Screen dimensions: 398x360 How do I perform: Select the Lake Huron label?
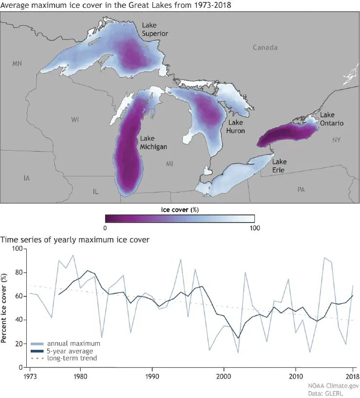click(236, 126)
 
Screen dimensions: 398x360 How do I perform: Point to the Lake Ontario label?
click(331, 119)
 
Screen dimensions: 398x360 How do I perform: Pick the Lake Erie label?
click(279, 166)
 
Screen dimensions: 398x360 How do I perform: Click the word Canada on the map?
click(265, 48)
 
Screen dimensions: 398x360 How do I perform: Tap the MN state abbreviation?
click(18, 64)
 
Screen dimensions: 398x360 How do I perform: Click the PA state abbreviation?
click(302, 190)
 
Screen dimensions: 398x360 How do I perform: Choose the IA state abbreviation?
click(27, 178)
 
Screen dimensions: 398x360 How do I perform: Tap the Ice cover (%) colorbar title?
click(180, 209)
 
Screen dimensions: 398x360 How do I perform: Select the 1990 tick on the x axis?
click(152, 376)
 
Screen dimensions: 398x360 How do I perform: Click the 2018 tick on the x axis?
click(352, 376)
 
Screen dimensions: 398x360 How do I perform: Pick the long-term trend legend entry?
click(71, 358)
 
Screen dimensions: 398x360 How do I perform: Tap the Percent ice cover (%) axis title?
click(4, 308)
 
